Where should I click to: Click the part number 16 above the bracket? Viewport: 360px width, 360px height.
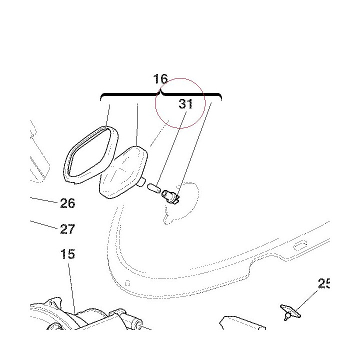(x=160, y=79)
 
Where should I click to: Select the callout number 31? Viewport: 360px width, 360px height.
(x=185, y=104)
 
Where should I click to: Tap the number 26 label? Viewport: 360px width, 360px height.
(x=67, y=203)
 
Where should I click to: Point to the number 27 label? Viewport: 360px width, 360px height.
(x=67, y=229)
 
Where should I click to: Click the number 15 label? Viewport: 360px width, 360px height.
(x=67, y=254)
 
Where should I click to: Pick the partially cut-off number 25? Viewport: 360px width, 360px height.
(x=324, y=283)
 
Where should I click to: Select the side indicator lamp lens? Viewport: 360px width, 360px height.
(x=123, y=172)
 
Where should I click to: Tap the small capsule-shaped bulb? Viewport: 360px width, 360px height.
(x=154, y=188)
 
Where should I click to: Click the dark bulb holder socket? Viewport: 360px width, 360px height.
(x=170, y=197)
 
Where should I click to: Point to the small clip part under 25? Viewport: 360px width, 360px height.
(x=290, y=312)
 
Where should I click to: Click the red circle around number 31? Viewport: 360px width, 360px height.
(x=155, y=103)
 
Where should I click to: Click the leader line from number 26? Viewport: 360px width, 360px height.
(x=43, y=200)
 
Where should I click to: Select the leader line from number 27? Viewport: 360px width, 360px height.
(x=43, y=225)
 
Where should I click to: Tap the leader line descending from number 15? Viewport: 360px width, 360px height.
(x=71, y=288)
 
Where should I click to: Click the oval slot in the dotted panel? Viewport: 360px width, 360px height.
(x=300, y=245)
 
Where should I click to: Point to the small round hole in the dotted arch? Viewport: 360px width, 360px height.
(x=127, y=283)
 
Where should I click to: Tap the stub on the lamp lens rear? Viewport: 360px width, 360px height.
(x=141, y=182)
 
